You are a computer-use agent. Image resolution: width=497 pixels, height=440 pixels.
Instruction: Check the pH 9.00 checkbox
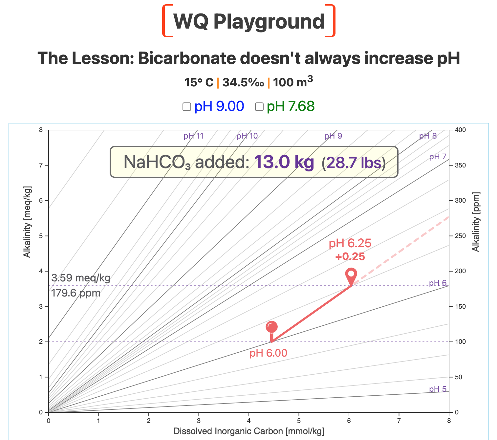[187, 107]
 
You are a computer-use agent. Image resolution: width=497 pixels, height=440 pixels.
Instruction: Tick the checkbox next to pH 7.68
[259, 107]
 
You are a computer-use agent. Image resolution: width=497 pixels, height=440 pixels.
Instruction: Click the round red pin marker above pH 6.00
[271, 327]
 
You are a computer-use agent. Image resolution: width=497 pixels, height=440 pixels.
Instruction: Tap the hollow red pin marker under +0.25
[351, 274]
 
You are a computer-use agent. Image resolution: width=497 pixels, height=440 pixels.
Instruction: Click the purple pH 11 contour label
[194, 136]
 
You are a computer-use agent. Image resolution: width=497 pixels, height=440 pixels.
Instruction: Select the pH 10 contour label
[247, 136]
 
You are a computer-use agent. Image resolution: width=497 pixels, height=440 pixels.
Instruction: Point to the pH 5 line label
[438, 389]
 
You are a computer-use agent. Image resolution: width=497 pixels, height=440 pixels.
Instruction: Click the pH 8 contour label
[428, 136]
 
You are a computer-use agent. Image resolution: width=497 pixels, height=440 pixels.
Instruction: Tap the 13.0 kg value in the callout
[284, 162]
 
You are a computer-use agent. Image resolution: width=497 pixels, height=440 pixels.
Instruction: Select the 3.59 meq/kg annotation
[81, 278]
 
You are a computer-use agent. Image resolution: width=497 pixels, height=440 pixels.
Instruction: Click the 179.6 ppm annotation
[76, 293]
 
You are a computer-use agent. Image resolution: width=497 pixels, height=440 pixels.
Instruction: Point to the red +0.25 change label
[350, 256]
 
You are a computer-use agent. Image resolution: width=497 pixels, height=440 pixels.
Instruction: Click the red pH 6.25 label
[350, 244]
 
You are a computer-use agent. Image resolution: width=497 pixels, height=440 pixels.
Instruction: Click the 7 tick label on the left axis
[41, 165]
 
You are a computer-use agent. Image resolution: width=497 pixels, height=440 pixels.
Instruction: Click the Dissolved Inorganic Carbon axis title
[248, 431]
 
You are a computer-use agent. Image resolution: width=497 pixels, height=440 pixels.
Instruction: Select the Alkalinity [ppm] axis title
[476, 222]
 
